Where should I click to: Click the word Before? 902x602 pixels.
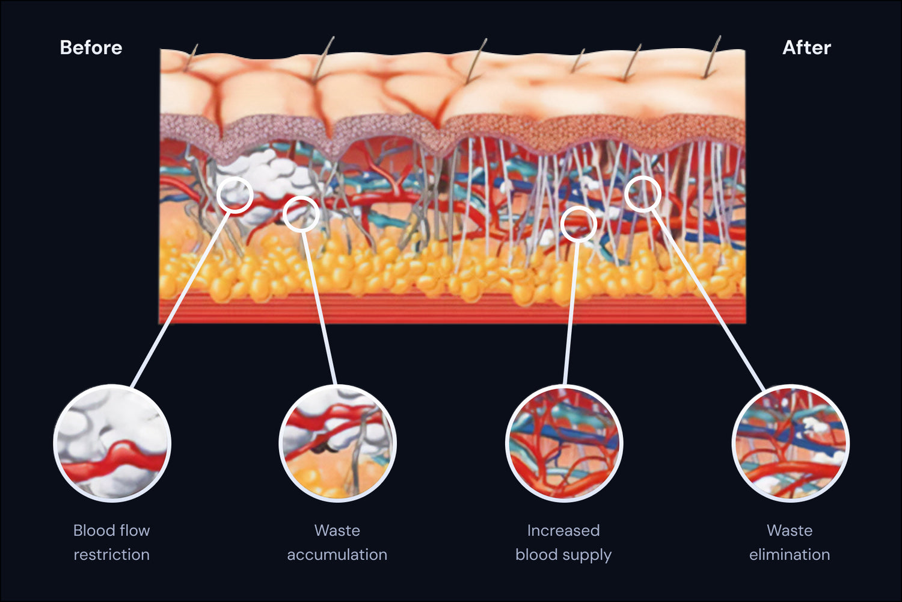click(x=91, y=48)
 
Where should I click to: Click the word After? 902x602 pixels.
click(x=806, y=48)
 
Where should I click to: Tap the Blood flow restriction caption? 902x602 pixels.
click(x=112, y=542)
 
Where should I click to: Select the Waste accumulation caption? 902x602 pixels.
click(x=337, y=542)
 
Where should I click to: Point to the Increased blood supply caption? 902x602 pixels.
click(x=563, y=542)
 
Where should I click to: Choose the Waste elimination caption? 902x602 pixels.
click(x=790, y=542)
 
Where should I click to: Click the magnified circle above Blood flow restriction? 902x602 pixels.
click(x=112, y=444)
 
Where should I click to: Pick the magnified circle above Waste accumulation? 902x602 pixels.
click(x=337, y=444)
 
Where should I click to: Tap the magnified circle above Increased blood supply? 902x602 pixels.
click(x=564, y=444)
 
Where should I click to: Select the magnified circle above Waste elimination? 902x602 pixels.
click(x=790, y=444)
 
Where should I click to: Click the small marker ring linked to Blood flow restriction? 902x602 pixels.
click(x=235, y=194)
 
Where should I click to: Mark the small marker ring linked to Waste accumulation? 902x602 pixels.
click(x=301, y=213)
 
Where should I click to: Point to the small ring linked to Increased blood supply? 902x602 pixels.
click(x=578, y=224)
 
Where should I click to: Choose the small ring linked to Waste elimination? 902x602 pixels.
click(x=643, y=194)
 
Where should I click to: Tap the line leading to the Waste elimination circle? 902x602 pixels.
click(x=710, y=301)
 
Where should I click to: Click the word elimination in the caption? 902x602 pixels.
click(x=790, y=554)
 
